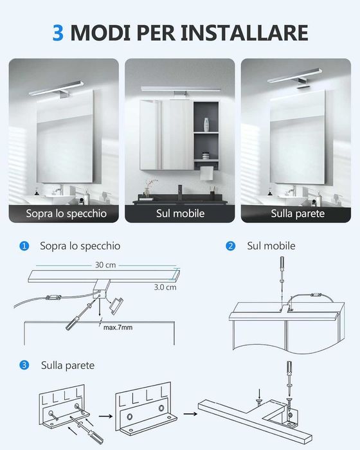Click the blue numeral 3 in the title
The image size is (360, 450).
(58, 32)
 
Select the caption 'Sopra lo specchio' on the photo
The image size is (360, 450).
(66, 213)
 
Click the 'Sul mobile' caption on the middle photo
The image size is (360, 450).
(180, 213)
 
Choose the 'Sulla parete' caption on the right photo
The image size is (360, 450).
(297, 213)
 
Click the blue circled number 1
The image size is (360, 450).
(24, 246)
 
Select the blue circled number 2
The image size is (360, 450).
(231, 246)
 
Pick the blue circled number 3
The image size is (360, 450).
(24, 365)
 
